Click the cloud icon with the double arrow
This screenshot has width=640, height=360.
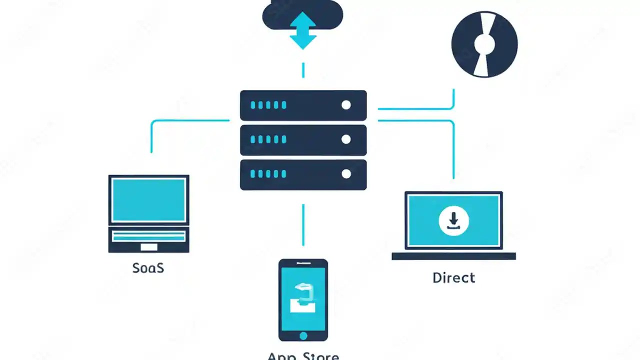pos(302,20)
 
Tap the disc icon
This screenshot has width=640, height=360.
pos(484,44)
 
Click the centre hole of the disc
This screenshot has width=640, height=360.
pos(484,44)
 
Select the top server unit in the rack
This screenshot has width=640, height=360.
pos(303,105)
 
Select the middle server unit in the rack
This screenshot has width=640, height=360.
pos(303,139)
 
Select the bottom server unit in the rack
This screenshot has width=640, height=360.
pos(303,174)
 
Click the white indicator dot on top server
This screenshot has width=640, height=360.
pos(345,105)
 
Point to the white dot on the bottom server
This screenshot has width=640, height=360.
pos(345,174)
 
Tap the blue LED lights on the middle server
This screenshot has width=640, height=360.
pos(268,139)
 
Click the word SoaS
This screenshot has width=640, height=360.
pos(148,268)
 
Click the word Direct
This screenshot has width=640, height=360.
pos(453,278)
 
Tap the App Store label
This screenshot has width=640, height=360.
pos(303,356)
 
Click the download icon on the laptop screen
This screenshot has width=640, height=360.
pos(453,220)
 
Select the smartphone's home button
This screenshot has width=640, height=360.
pos(303,335)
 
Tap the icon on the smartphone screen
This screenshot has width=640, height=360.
pos(302,298)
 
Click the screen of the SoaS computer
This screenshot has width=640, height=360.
pos(148,200)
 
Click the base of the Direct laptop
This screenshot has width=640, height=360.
pos(453,256)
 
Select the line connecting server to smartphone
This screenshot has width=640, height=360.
pos(303,224)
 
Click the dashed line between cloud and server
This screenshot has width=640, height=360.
pos(303,70)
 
